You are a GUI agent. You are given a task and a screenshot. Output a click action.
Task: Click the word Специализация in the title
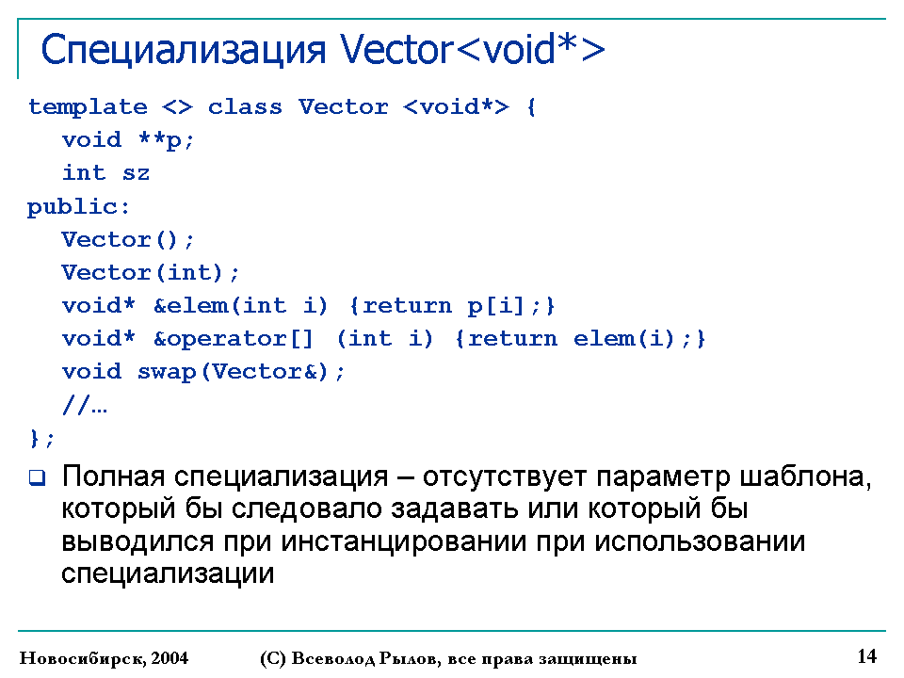184,51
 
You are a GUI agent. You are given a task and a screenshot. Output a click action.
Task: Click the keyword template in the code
88,107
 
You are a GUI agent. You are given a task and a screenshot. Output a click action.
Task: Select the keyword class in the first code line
245,106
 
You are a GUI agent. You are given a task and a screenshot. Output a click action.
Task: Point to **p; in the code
166,140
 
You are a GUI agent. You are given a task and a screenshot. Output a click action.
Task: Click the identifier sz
136,173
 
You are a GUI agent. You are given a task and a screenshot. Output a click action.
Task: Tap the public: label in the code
78,207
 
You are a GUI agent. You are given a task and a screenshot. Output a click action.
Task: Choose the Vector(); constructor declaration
127,239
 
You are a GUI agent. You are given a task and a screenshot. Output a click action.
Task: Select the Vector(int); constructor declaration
150,272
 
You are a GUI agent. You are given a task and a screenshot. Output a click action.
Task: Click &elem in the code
191,305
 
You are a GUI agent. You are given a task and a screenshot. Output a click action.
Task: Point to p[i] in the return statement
495,305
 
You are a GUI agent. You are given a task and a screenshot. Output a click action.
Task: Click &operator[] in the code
234,338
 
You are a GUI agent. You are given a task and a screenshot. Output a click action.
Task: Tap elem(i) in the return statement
623,338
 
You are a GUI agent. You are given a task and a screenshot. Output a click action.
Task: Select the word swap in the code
167,372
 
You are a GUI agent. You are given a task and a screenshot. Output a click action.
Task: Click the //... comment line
85,405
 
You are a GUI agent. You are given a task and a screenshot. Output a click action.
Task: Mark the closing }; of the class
41,438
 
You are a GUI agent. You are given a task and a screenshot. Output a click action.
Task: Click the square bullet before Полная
37,477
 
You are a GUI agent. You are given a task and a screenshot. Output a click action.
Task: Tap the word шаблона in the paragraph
805,476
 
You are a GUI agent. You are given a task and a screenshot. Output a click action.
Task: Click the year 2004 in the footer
169,658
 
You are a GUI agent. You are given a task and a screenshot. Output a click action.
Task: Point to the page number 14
867,656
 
